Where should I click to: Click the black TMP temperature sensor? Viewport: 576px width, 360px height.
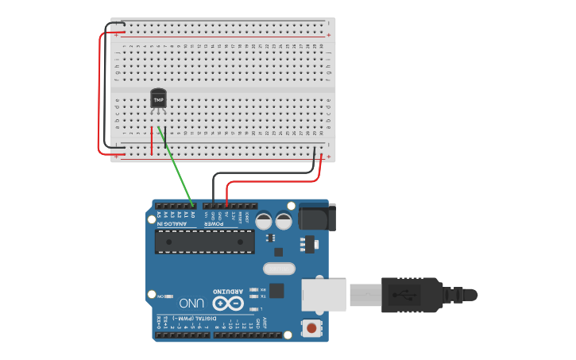tap(159, 99)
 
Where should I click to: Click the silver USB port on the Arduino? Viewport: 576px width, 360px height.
tap(324, 294)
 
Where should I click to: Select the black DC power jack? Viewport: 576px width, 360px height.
tap(316, 218)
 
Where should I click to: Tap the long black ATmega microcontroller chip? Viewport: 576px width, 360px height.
tap(205, 241)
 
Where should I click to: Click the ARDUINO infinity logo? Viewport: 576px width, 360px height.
tap(227, 303)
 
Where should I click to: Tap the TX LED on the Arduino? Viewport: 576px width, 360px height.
tap(253, 297)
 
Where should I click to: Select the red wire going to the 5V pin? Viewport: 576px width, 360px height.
tap(270, 182)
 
